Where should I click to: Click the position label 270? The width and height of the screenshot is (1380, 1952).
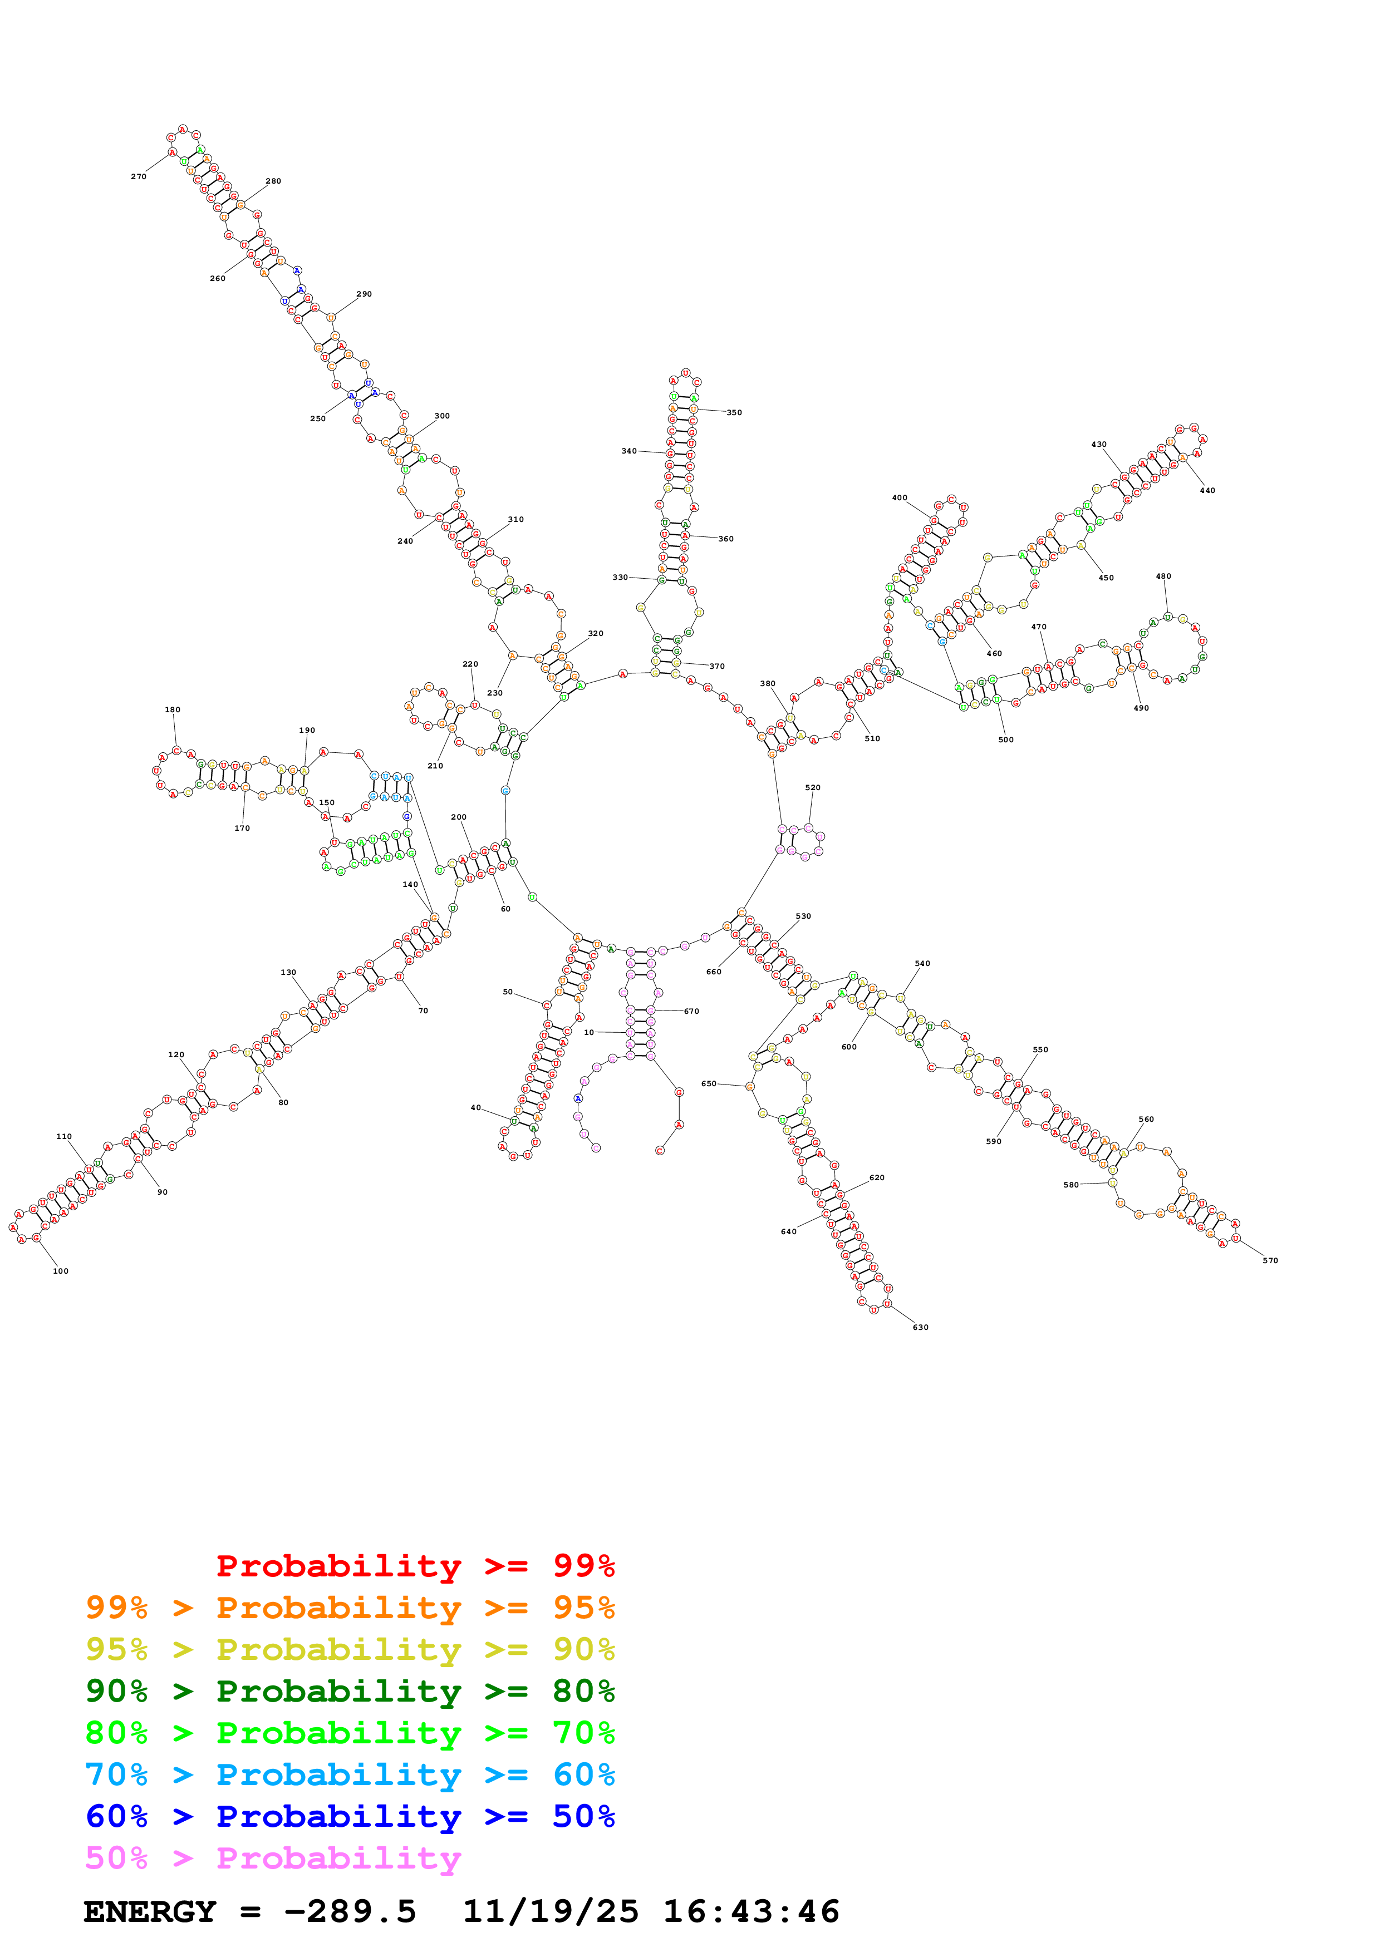139,177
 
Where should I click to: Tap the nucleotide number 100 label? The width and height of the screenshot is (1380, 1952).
60,1271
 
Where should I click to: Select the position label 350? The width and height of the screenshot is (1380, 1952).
734,413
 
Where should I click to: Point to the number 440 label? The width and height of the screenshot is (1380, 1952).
1207,491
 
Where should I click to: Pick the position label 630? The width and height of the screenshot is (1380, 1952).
921,1327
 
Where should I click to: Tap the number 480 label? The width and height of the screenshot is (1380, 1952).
1163,576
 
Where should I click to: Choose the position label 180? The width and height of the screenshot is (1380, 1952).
173,710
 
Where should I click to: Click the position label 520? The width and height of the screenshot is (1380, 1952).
813,788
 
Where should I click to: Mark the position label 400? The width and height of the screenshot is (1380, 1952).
900,498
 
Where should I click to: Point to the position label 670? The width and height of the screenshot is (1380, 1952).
691,1012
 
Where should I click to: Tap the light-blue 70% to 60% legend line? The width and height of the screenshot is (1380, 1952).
350,1774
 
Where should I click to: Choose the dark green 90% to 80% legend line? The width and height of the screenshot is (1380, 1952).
350,1691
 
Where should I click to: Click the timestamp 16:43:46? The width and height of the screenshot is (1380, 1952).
751,1912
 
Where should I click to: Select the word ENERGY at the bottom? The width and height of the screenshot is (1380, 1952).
150,1912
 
